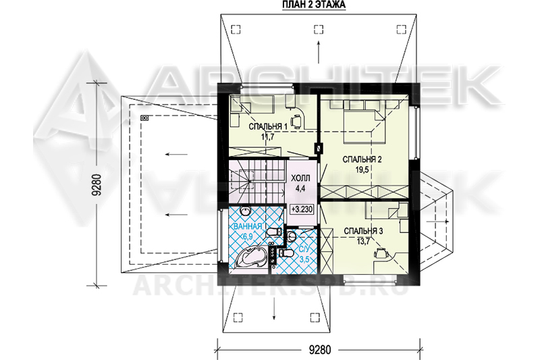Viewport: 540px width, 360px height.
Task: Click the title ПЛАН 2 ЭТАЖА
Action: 314,5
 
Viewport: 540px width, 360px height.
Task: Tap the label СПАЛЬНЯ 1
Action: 268,127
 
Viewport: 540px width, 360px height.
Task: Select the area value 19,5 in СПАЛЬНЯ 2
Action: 362,169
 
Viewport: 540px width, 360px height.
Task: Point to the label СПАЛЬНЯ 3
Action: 363,231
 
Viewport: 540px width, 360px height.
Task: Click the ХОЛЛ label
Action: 300,178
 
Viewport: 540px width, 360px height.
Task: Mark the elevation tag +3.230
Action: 302,209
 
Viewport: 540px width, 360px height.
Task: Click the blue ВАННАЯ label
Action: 248,226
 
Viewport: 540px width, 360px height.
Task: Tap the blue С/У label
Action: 304,249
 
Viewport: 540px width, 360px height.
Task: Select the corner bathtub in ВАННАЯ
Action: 250,257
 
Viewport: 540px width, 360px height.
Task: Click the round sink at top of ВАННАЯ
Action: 245,210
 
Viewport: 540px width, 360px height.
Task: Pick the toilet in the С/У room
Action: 286,254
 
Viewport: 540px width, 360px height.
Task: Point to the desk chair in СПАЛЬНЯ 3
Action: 381,253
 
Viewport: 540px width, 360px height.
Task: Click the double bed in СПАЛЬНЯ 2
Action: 364,122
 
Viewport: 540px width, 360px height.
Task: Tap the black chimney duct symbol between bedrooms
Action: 319,148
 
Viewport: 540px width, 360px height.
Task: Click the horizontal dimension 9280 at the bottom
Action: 319,350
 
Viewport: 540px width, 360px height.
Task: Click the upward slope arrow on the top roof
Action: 319,52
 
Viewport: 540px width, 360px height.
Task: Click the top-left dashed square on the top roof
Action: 236,30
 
